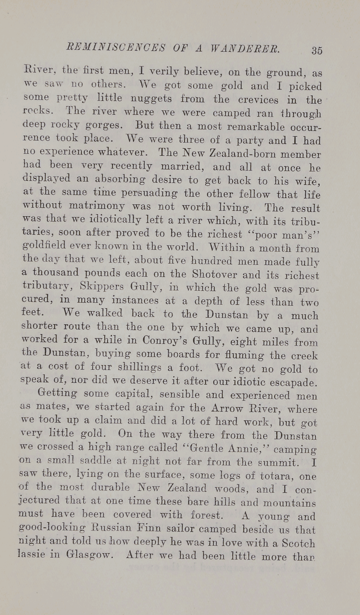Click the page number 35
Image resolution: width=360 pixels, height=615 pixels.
coord(317,50)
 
